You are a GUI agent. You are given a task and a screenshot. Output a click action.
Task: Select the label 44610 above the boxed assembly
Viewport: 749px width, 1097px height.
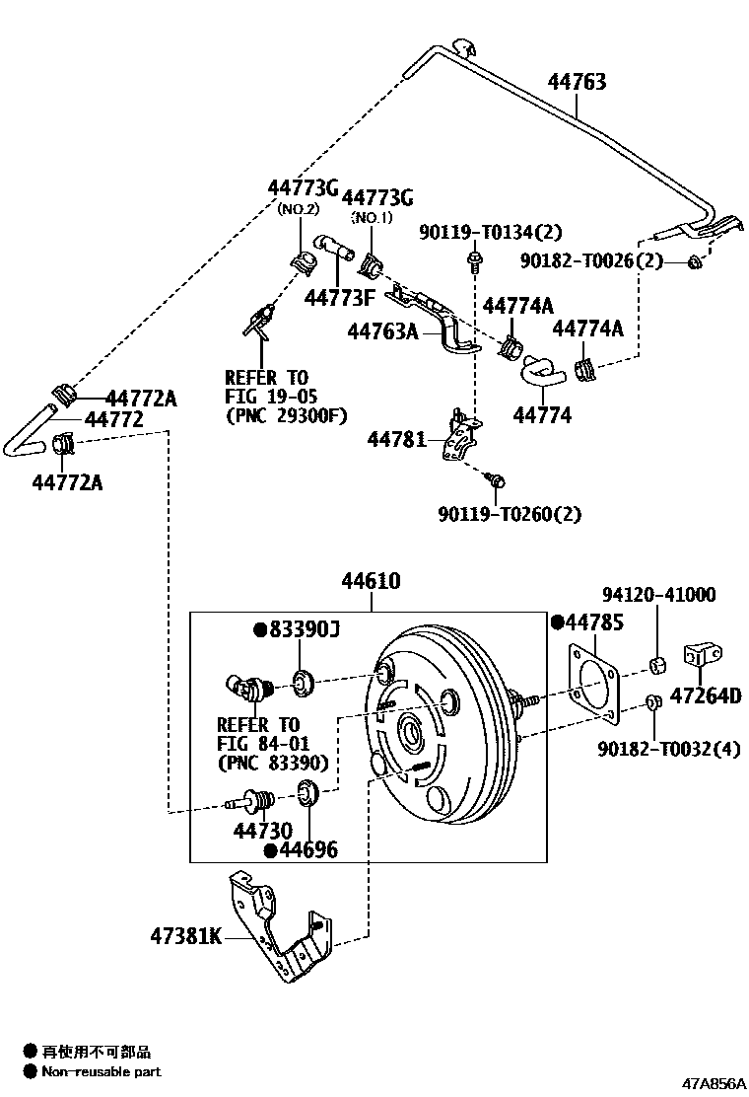click(x=371, y=582)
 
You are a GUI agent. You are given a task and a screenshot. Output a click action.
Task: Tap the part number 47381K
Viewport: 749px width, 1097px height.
click(x=186, y=935)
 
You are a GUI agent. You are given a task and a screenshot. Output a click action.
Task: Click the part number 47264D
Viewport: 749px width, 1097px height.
click(x=706, y=696)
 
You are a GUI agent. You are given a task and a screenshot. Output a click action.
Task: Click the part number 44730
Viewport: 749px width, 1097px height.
click(x=262, y=831)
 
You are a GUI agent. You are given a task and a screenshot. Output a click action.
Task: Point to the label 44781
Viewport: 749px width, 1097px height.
click(x=396, y=437)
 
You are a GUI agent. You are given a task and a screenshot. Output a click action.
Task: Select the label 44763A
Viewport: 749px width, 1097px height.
click(x=383, y=333)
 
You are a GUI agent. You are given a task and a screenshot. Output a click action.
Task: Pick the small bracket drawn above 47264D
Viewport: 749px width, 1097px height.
click(x=703, y=656)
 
